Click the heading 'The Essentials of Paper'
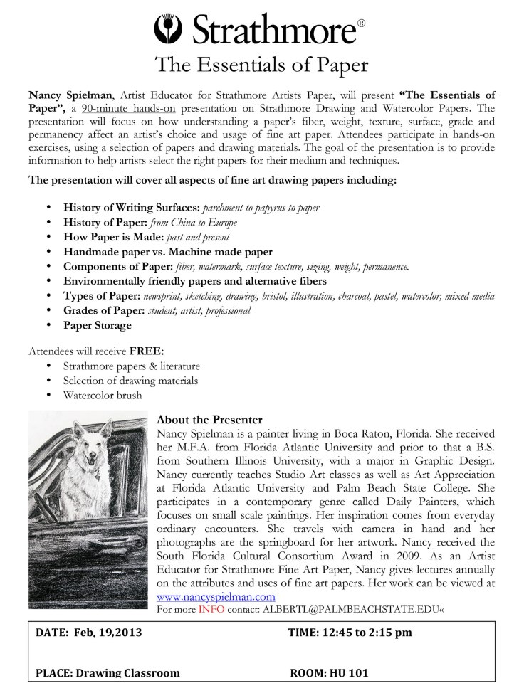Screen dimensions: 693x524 tap(262, 65)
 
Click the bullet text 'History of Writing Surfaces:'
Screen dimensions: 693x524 tap(132, 208)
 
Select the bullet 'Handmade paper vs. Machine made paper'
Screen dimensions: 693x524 tap(167, 252)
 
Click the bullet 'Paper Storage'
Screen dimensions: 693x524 tap(97, 325)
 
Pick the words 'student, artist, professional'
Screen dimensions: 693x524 tap(206, 310)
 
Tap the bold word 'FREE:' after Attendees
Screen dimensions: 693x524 tap(147, 351)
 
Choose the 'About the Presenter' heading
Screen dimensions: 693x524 tap(209, 420)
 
